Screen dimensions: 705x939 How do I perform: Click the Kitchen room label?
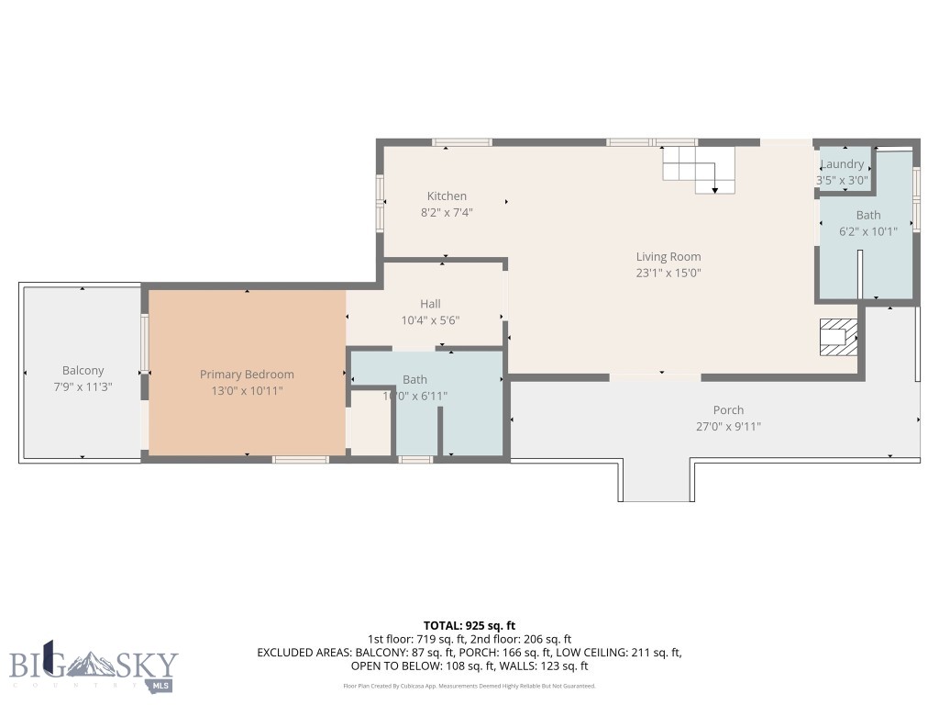[x=447, y=196]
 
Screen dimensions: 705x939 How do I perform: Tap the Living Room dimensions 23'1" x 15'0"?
[x=668, y=273]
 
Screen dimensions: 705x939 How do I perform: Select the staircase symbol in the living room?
[x=700, y=171]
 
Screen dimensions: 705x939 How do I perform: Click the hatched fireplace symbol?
[x=838, y=335]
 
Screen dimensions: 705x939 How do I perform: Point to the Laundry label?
[x=842, y=164]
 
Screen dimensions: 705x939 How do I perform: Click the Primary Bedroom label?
[x=247, y=375]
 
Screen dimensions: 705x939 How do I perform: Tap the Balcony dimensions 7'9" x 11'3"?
[x=83, y=386]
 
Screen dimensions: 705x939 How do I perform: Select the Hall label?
[x=430, y=304]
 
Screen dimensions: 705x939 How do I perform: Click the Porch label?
[x=728, y=410]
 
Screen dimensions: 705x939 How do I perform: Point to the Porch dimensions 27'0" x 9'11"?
[x=728, y=426]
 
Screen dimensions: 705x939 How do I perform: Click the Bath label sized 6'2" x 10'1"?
[x=868, y=216]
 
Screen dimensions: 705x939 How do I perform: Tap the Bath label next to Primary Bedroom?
[x=414, y=379]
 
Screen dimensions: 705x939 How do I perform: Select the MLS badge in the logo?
[x=161, y=686]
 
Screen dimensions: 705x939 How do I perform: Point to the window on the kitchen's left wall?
[x=380, y=203]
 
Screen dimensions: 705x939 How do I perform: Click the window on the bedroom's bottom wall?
[x=301, y=459]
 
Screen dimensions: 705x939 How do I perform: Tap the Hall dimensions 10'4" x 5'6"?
[x=430, y=320]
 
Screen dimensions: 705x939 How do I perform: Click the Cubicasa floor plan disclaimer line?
[x=469, y=686]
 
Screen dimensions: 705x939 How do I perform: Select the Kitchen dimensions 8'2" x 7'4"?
[x=447, y=212]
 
